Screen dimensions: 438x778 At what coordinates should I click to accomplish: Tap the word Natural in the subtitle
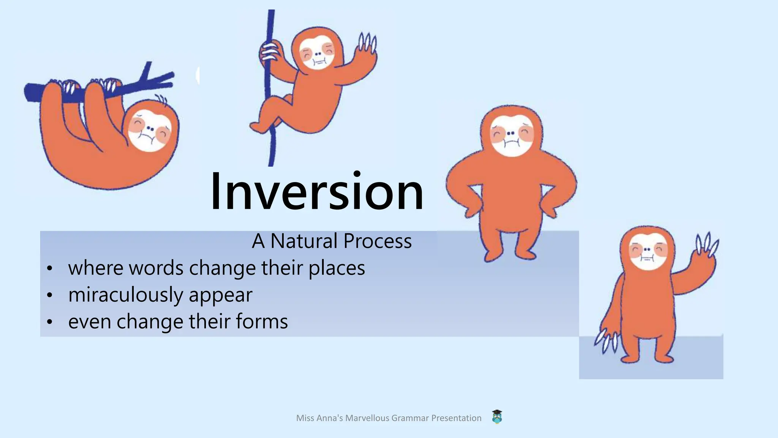pos(304,241)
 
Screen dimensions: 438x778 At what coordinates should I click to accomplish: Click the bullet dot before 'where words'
pos(49,269)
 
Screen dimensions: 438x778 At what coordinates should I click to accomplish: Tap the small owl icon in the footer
pos(497,417)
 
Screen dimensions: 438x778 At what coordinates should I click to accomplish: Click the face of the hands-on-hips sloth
pos(511,135)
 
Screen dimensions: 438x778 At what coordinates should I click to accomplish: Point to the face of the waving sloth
pos(648,251)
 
